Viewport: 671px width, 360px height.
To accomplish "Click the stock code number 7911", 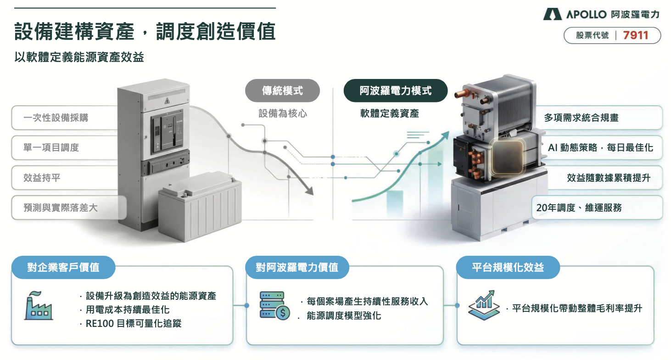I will tap(636, 35).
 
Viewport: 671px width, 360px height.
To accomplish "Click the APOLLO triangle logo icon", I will tap(552, 14).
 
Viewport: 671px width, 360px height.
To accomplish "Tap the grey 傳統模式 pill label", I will tap(282, 91).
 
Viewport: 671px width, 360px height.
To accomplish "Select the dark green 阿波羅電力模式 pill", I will tap(395, 91).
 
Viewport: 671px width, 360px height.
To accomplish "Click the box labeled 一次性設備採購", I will tap(56, 118).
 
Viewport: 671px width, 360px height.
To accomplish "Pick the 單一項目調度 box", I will tap(51, 147).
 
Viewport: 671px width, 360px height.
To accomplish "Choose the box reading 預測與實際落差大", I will tap(61, 208).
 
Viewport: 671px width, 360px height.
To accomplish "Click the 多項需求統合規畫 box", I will tap(581, 118).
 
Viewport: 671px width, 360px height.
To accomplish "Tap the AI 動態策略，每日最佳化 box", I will tap(600, 148).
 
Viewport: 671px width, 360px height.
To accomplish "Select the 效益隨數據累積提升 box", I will tap(609, 178).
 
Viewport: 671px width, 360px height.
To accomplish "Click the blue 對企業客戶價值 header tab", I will tap(63, 267).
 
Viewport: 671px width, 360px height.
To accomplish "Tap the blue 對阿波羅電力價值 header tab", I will tap(297, 267).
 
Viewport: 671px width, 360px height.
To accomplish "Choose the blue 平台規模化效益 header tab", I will tap(508, 267).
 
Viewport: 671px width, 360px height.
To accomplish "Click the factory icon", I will tap(38, 305).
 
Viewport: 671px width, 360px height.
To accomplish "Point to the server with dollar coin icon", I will tap(274, 305).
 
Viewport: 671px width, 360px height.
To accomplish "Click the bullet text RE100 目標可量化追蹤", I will tap(134, 324).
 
